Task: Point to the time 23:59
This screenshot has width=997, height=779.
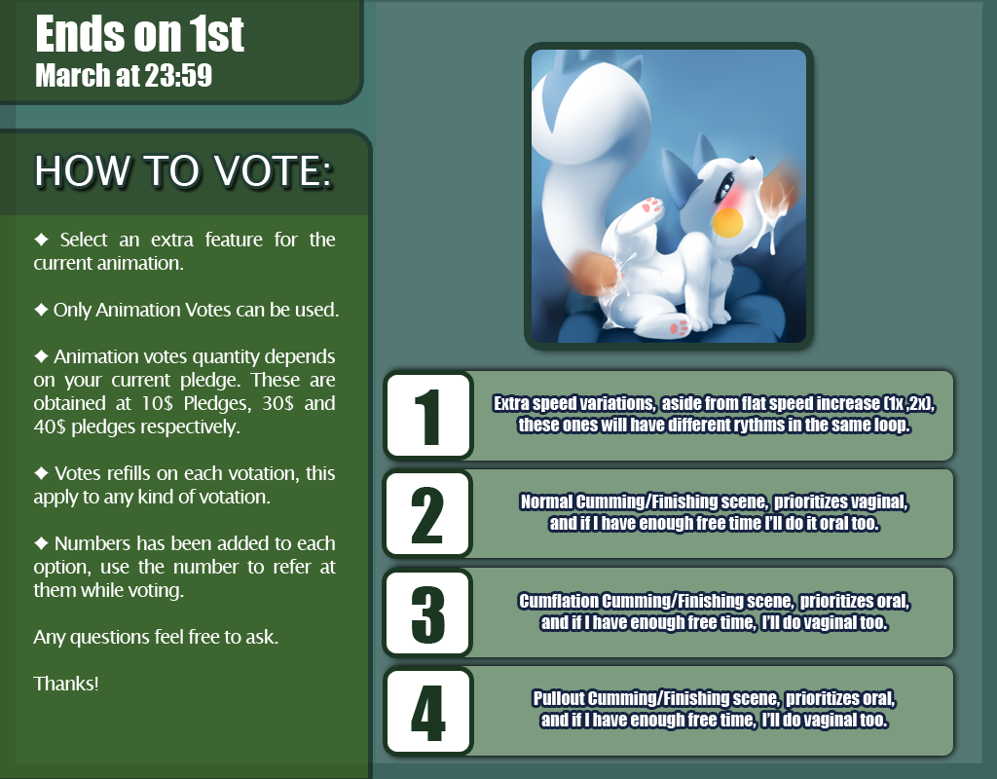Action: tap(178, 75)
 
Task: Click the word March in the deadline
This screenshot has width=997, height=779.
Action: tap(73, 75)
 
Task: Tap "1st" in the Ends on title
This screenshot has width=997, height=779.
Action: tap(217, 34)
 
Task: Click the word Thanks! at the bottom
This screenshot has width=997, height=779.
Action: tap(66, 684)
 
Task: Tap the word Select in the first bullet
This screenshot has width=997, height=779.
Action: tap(84, 240)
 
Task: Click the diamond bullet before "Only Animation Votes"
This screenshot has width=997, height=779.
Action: tap(41, 310)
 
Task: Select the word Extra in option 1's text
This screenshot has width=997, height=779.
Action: tap(511, 403)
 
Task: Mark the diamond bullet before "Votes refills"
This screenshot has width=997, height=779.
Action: tap(41, 473)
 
